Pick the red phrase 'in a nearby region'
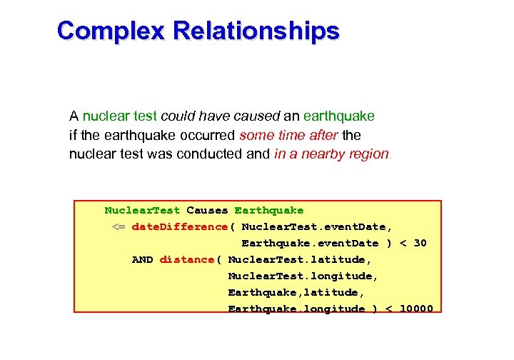pyautogui.click(x=331, y=154)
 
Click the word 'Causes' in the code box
pyautogui.click(x=207, y=211)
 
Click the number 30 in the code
pyautogui.click(x=420, y=244)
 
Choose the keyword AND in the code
pyautogui.click(x=142, y=260)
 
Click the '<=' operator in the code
pyautogui.click(x=119, y=227)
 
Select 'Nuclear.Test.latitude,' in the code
pyautogui.click(x=299, y=260)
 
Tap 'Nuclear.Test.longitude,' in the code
pyautogui.click(x=303, y=276)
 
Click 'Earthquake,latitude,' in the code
pyautogui.click(x=296, y=293)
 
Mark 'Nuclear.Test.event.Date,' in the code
pyautogui.click(x=316, y=227)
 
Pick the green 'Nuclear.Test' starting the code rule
pyautogui.click(x=142, y=211)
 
